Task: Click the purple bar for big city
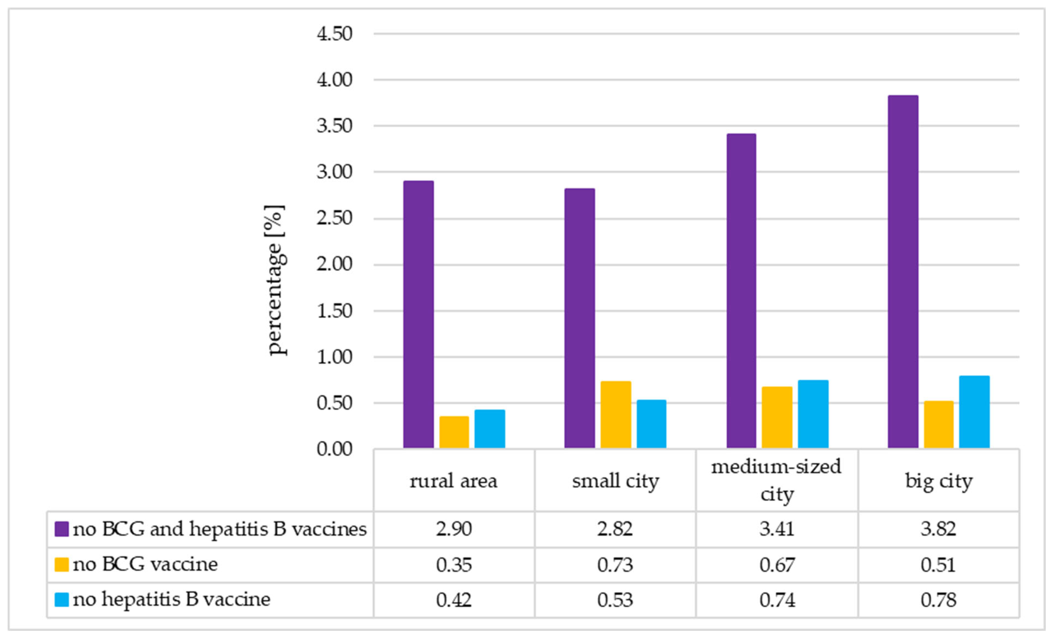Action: [x=903, y=272]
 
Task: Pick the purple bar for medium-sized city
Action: [x=741, y=291]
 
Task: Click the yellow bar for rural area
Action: [x=454, y=432]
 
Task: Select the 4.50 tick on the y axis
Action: [x=334, y=33]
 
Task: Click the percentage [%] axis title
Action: [x=275, y=280]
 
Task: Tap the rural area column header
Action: [x=454, y=481]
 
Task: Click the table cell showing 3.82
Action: [x=938, y=529]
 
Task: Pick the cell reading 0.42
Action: [x=454, y=600]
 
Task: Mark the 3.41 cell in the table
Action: [x=776, y=529]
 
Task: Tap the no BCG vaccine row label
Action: [x=145, y=564]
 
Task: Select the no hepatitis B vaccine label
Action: [x=171, y=599]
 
